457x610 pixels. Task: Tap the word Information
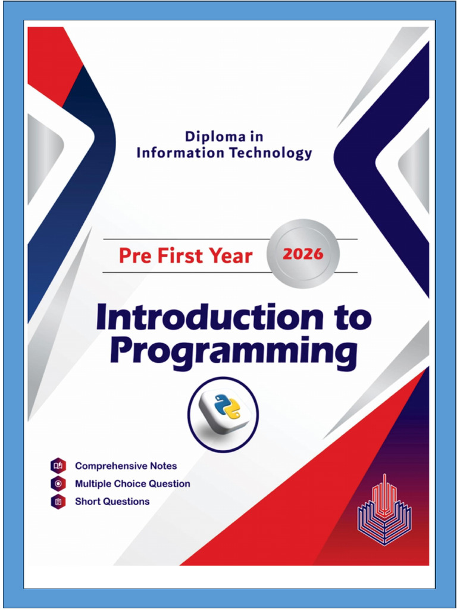(x=180, y=153)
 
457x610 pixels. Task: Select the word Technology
(x=270, y=154)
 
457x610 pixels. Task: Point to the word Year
(x=231, y=256)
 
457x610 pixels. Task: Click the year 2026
(x=303, y=254)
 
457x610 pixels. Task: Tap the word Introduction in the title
(x=210, y=317)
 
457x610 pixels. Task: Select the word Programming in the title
(x=233, y=353)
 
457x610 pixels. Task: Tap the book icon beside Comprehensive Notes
(x=58, y=466)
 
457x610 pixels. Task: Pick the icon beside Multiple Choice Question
(x=58, y=484)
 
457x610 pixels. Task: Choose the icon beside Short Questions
(x=58, y=502)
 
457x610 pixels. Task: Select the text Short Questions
(x=112, y=502)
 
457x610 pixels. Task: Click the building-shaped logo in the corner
(x=384, y=509)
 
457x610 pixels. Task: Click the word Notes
(x=163, y=466)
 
